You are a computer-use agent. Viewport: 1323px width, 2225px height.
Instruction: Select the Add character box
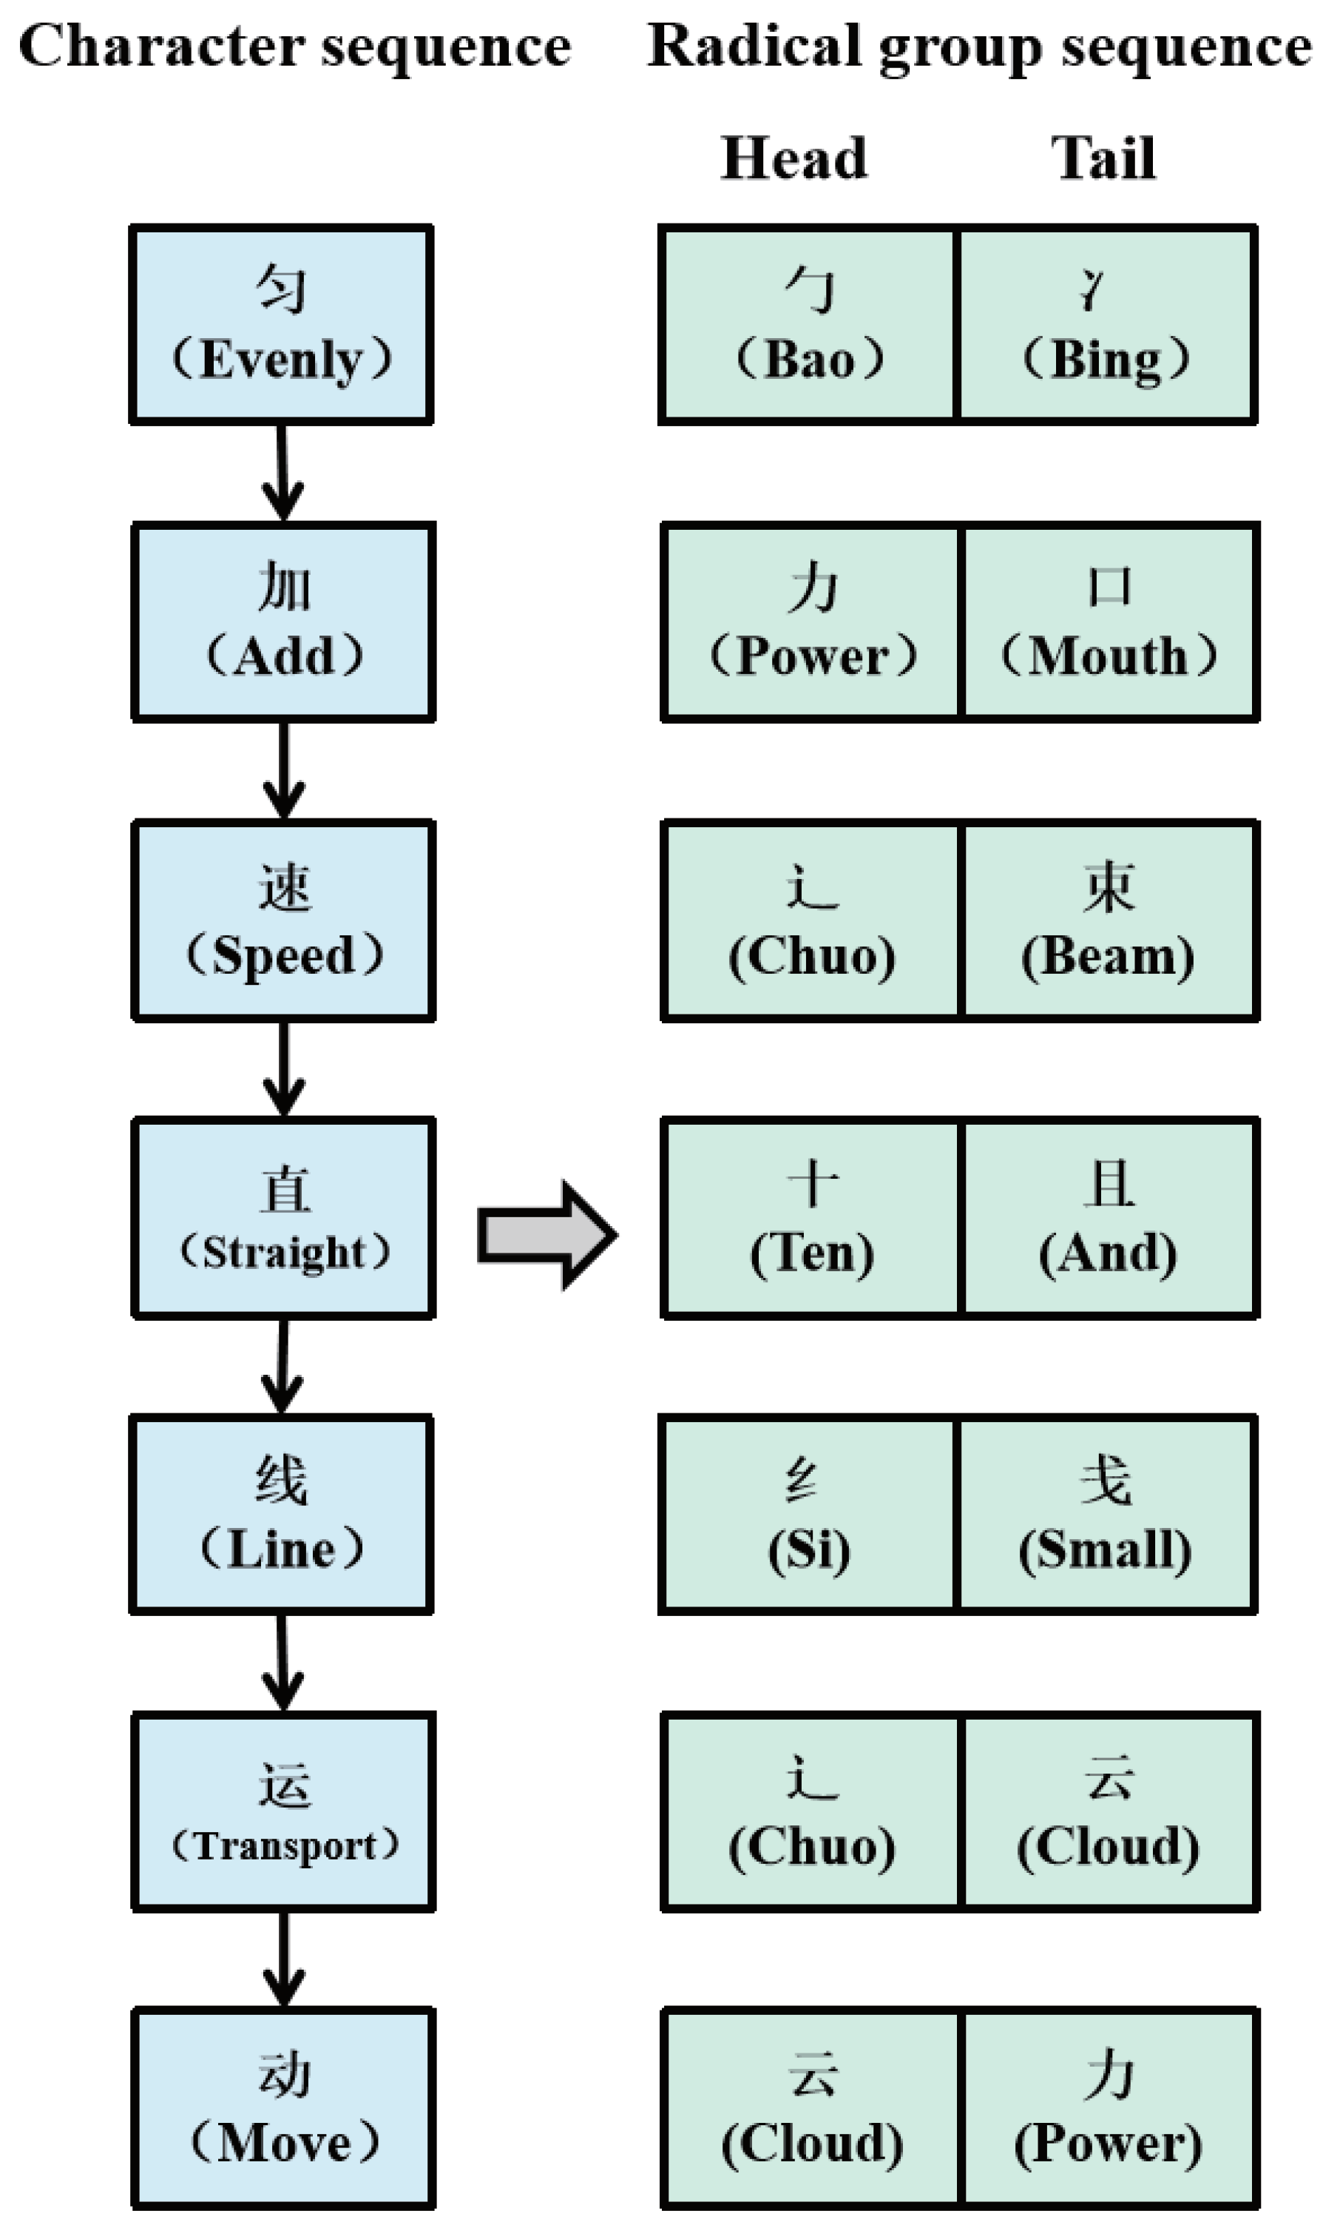tap(283, 622)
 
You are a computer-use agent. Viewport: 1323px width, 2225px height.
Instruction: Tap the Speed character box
tap(283, 920)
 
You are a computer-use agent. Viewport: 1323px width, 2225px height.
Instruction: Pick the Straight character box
tap(283, 1217)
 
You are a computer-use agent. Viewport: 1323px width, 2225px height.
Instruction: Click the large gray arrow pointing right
tap(546, 1235)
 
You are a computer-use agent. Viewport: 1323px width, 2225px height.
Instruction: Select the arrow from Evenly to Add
tap(282, 473)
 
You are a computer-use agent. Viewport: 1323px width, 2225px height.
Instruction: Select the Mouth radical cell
tap(1109, 622)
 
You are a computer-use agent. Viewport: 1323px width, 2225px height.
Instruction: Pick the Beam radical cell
tap(1109, 920)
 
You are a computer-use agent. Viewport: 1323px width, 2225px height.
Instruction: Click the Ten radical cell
tap(811, 1217)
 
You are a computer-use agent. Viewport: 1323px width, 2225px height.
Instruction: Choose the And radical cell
tap(1109, 1217)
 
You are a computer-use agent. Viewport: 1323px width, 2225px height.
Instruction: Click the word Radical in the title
tap(754, 47)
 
